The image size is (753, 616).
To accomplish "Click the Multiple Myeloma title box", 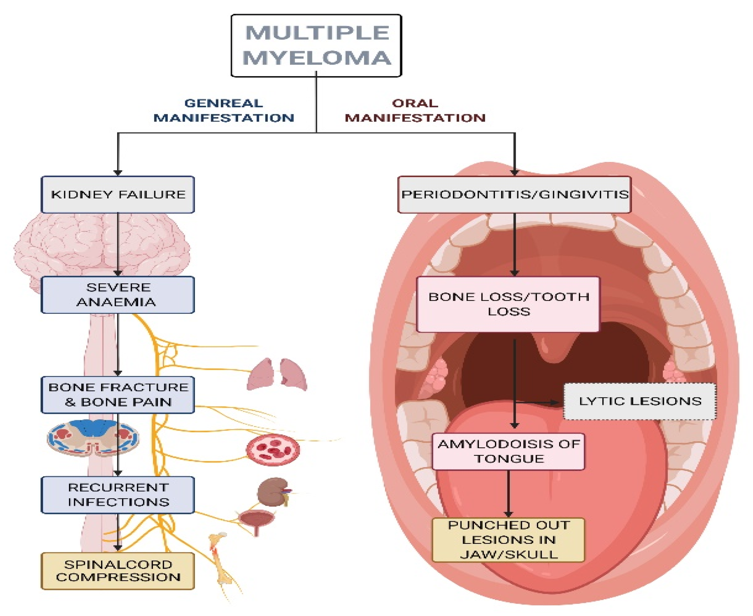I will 316,46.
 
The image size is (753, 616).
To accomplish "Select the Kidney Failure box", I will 118,194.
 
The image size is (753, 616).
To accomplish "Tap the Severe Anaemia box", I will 118,295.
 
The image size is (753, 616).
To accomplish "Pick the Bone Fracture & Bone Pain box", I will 118,395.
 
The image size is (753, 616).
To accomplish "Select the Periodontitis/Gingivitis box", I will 514,194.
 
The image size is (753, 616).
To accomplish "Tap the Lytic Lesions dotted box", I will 640,401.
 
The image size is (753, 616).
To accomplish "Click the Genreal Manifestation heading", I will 224,110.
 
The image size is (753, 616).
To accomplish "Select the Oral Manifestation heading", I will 415,110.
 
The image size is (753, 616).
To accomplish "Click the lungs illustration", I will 276,375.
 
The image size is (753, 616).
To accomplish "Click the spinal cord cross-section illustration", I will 93,438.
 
